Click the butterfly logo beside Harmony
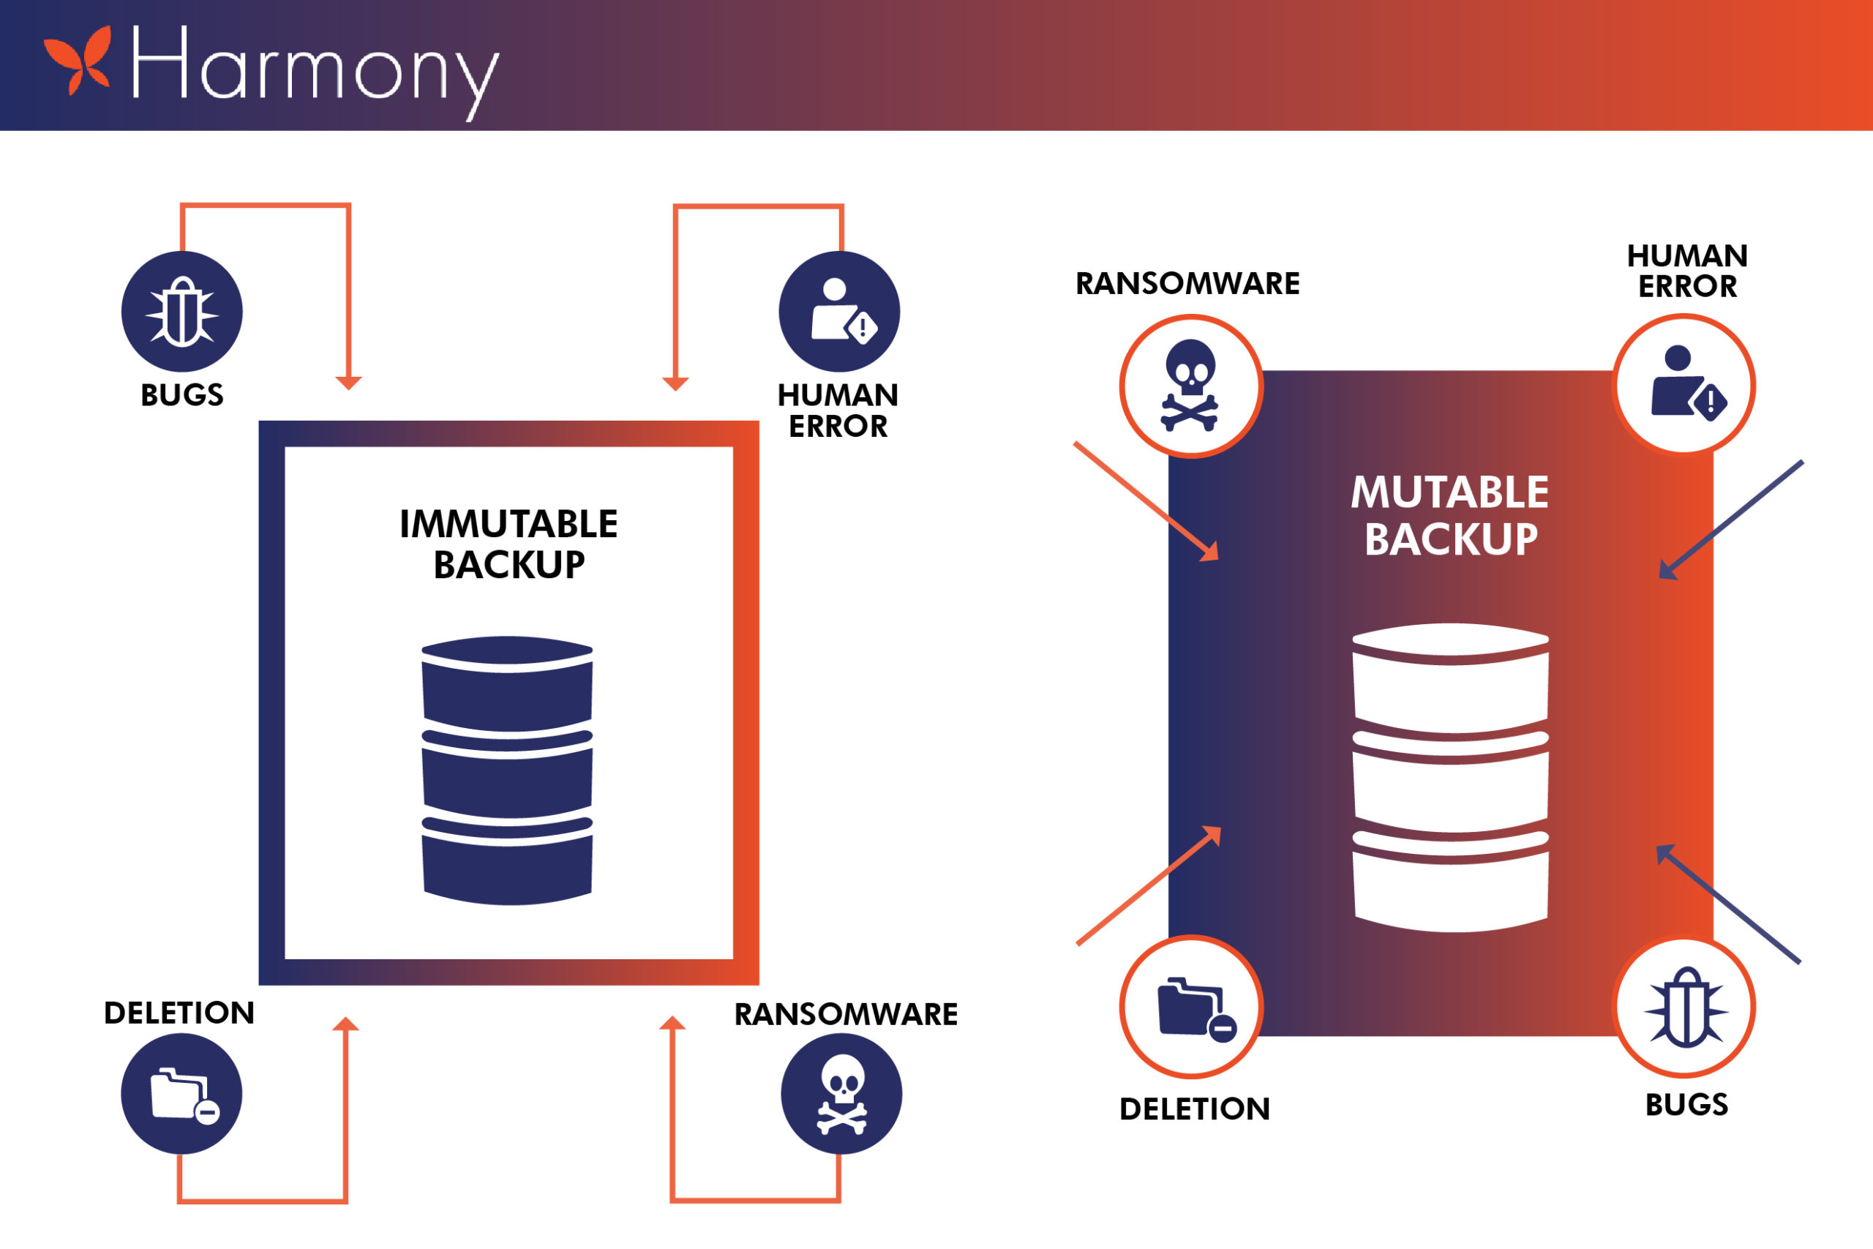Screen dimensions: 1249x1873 [x=78, y=61]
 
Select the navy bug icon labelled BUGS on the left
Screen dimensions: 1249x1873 [x=181, y=312]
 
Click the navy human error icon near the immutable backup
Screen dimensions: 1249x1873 [x=839, y=312]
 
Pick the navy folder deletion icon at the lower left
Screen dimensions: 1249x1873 [x=181, y=1094]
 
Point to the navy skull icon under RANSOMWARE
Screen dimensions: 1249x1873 [x=841, y=1094]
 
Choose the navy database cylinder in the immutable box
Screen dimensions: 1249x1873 [x=507, y=770]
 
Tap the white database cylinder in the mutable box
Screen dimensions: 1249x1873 [x=1450, y=778]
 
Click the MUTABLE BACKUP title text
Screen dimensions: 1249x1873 [x=1450, y=515]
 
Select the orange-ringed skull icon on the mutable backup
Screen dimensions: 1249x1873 [x=1190, y=386]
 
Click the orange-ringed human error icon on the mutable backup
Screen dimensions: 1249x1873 [x=1684, y=386]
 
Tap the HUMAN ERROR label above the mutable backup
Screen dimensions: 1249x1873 [x=1686, y=271]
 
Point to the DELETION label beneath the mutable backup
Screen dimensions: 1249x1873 [x=1195, y=1109]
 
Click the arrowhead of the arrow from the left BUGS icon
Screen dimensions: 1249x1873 [x=349, y=383]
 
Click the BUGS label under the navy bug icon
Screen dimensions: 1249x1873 [x=181, y=395]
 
